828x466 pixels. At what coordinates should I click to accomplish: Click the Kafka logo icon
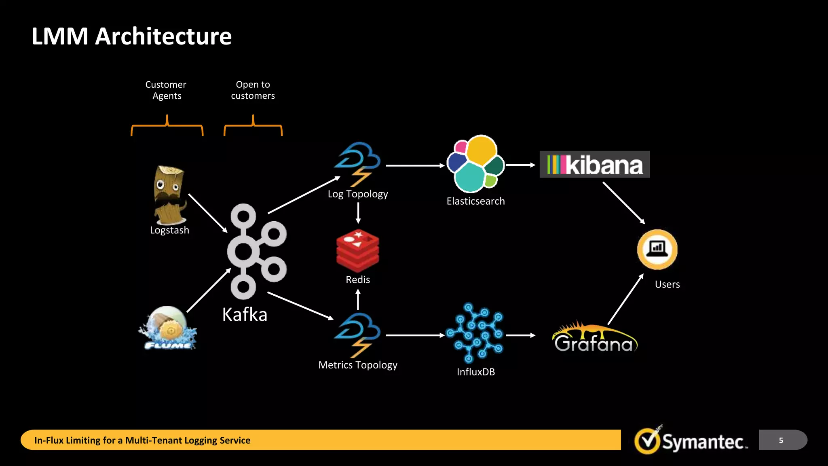[x=255, y=251]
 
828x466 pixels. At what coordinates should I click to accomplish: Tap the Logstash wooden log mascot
[x=169, y=195]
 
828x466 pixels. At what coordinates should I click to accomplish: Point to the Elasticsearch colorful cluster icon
[x=475, y=164]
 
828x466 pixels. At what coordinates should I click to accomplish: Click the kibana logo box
[x=595, y=164]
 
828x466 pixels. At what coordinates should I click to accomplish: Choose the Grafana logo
[x=594, y=338]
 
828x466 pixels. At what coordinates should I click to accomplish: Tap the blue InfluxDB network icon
[x=475, y=333]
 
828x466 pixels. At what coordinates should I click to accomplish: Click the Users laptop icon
[x=657, y=249]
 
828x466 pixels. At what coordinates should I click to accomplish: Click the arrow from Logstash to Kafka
[x=207, y=213]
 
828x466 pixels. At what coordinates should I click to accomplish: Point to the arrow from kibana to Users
[x=623, y=203]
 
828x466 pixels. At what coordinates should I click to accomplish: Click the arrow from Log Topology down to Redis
[x=358, y=213]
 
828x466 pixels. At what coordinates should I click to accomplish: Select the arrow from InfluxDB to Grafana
[x=520, y=335]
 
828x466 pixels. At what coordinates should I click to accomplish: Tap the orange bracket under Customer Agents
[x=167, y=126]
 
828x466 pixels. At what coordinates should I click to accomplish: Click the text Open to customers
[x=253, y=90]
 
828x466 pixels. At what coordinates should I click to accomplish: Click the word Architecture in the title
[x=163, y=36]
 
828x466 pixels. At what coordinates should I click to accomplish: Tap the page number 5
[x=781, y=440]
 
